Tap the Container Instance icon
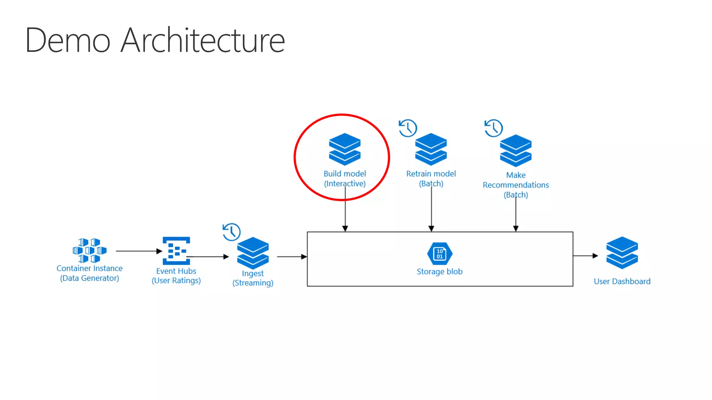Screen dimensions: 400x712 click(89, 250)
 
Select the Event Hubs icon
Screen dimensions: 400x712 click(176, 251)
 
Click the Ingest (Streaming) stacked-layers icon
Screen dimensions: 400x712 click(253, 253)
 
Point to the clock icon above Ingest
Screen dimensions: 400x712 click(231, 232)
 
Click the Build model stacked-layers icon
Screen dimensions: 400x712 click(345, 149)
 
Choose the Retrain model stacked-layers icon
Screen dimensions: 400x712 click(431, 149)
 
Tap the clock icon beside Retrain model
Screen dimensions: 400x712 click(408, 128)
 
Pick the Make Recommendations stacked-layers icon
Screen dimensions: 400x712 click(516, 150)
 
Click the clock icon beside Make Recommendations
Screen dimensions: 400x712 click(493, 128)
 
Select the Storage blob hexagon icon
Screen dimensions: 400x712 click(440, 253)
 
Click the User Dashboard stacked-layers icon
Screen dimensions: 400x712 click(622, 252)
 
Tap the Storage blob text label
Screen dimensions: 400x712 click(439, 272)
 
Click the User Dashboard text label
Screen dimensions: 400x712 click(622, 281)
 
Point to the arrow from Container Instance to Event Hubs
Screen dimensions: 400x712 click(139, 251)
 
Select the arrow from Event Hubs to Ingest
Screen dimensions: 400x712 click(209, 257)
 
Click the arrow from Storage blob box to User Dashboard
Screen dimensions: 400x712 click(585, 256)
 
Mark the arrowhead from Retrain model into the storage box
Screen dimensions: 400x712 click(431, 228)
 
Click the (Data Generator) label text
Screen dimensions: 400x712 click(89, 278)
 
